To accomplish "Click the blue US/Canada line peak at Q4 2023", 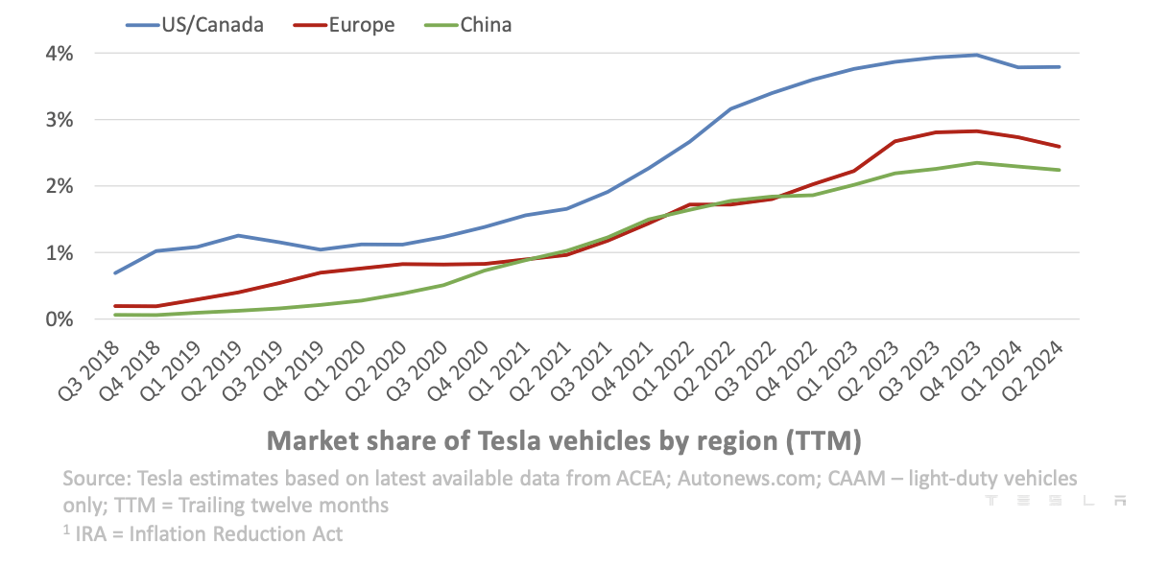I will (x=976, y=55).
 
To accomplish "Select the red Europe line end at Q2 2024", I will (x=1059, y=147).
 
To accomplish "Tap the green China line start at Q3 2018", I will (x=115, y=315).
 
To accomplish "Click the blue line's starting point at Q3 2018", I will (x=115, y=273).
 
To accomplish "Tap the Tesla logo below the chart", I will (x=1054, y=501).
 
